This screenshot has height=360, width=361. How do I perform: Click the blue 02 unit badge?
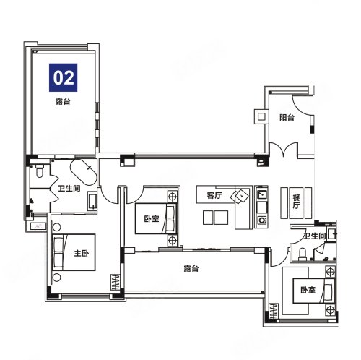pyautogui.click(x=63, y=77)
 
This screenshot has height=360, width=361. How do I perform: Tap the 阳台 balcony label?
pyautogui.click(x=287, y=117)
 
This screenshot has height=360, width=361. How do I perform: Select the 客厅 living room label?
pyautogui.click(x=214, y=195)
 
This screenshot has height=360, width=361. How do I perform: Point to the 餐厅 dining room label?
pyautogui.click(x=296, y=202)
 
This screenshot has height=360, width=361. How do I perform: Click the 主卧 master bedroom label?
pyautogui.click(x=82, y=253)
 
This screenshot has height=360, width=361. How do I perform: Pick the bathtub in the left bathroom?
pyautogui.click(x=84, y=172)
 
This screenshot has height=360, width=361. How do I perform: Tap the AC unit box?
pyautogui.click(x=38, y=226)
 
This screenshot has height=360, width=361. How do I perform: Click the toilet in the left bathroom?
pyautogui.click(x=39, y=171)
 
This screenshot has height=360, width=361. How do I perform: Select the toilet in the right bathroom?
pyautogui.click(x=302, y=254)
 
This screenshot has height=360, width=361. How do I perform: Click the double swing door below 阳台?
pyautogui.click(x=284, y=150)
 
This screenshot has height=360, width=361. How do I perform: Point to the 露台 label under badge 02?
pyautogui.click(x=63, y=101)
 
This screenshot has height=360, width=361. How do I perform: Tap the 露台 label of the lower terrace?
pyautogui.click(x=191, y=268)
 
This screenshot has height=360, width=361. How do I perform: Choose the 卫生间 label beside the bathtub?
pyautogui.click(x=69, y=188)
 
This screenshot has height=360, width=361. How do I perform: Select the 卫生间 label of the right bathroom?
pyautogui.click(x=315, y=236)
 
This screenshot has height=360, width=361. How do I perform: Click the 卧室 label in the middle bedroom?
pyautogui.click(x=152, y=219)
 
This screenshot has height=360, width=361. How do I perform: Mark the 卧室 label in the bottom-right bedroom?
pyautogui.click(x=308, y=290)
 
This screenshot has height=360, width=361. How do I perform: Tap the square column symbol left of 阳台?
pyautogui.click(x=261, y=117)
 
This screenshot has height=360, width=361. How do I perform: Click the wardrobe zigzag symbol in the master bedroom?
pyautogui.click(x=116, y=282)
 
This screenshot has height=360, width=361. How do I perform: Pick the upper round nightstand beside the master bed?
pyautogui.click(x=56, y=227)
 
